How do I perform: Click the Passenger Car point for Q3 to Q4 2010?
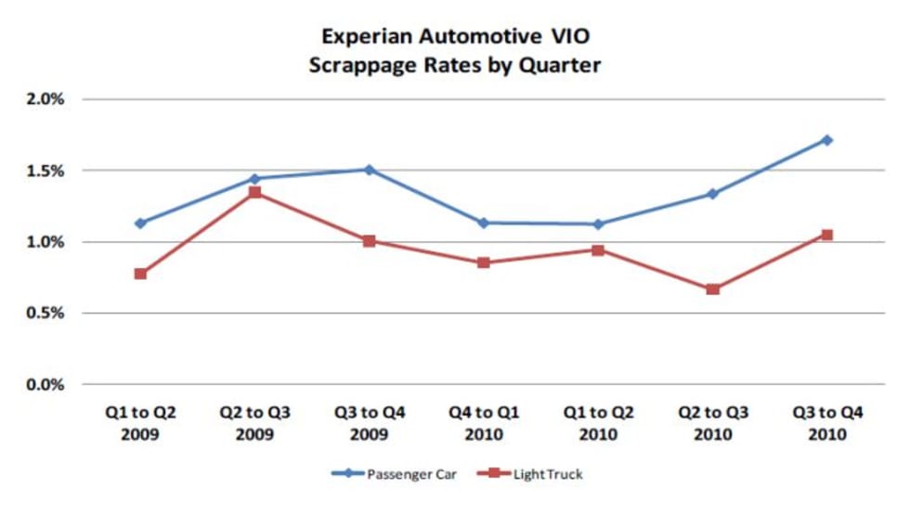click(826, 140)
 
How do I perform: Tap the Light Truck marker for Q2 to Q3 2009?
click(254, 193)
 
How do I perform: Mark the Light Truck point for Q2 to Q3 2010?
click(712, 289)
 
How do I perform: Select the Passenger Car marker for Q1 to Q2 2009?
click(140, 224)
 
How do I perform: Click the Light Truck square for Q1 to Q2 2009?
click(140, 274)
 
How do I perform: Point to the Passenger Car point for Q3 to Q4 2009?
click(369, 170)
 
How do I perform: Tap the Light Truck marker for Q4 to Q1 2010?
click(484, 262)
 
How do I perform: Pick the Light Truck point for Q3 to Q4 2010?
click(826, 235)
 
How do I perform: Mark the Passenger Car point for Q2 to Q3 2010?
click(712, 194)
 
